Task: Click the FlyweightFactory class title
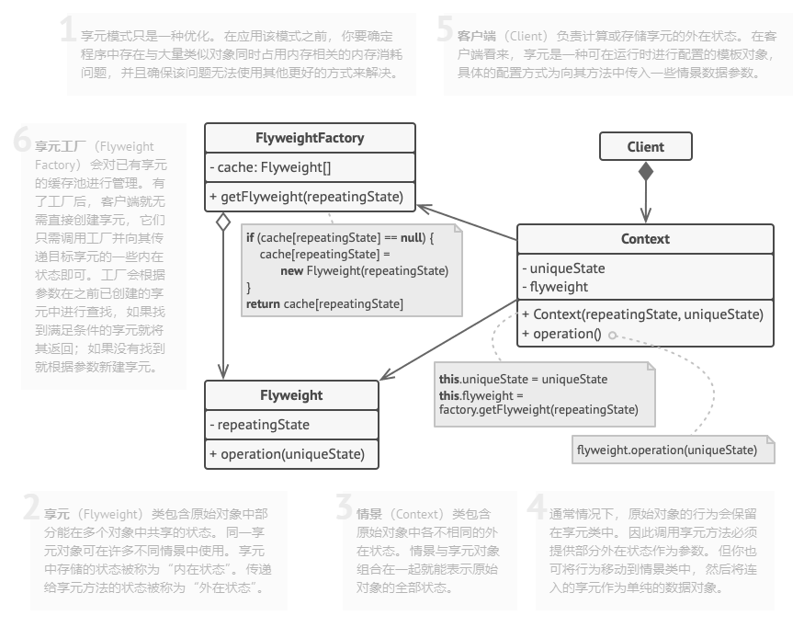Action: pyautogui.click(x=310, y=138)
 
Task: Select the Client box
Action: pyautogui.click(x=645, y=146)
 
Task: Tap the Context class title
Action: pyautogui.click(x=645, y=239)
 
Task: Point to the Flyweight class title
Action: pyautogui.click(x=291, y=395)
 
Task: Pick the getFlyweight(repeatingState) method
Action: pyautogui.click(x=306, y=196)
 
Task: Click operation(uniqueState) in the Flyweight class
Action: pyautogui.click(x=287, y=454)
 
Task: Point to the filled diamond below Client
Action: pyautogui.click(x=646, y=170)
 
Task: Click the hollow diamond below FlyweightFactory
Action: pyautogui.click(x=222, y=222)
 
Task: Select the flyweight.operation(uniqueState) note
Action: pyautogui.click(x=666, y=450)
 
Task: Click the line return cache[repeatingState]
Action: pyautogui.click(x=324, y=303)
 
